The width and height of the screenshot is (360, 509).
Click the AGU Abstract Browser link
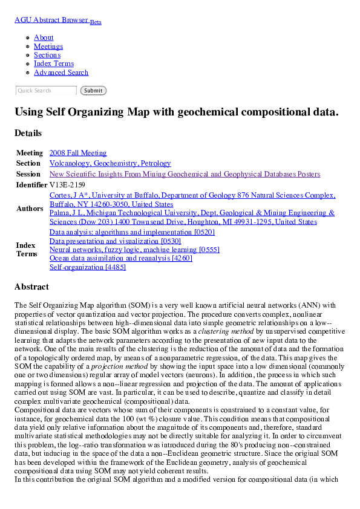click(51, 20)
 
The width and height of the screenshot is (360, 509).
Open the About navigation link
click(44, 37)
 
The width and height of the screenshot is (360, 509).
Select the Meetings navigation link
click(48, 47)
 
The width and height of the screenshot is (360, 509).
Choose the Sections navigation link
click(47, 55)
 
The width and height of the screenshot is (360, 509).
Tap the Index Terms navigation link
click(54, 63)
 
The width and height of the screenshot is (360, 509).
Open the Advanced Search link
click(61, 73)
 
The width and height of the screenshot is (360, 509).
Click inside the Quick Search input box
click(46, 91)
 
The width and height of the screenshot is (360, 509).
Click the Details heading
click(28, 133)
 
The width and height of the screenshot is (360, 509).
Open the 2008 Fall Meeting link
click(78, 153)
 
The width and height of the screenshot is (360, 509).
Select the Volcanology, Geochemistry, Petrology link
click(110, 163)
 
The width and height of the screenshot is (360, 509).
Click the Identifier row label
click(31, 185)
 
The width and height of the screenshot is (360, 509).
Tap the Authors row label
click(29, 209)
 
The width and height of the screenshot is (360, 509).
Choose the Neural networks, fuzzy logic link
click(134, 250)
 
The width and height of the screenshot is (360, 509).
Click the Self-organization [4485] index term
click(88, 267)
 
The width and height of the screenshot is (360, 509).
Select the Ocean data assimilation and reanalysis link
click(121, 258)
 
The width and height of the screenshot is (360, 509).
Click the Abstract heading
click(31, 287)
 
